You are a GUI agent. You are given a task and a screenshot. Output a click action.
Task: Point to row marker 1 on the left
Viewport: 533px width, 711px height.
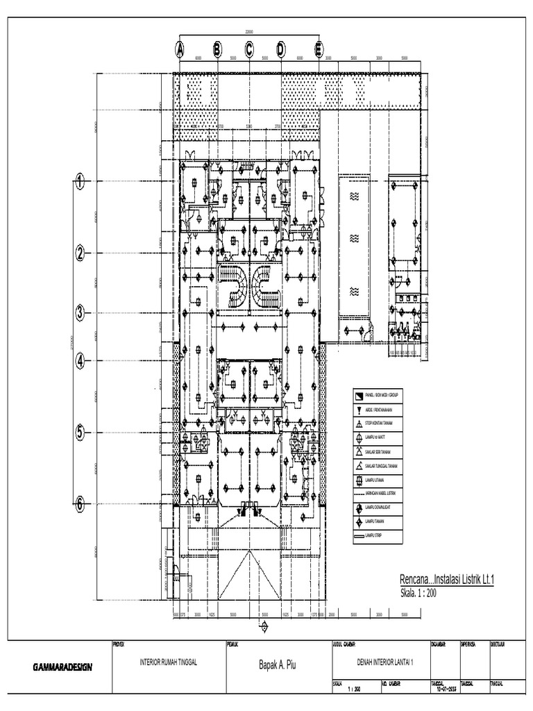tap(80, 183)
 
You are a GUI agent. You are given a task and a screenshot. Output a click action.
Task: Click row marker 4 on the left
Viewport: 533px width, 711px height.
tap(80, 361)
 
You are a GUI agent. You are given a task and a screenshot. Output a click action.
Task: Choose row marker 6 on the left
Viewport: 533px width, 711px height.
tap(80, 505)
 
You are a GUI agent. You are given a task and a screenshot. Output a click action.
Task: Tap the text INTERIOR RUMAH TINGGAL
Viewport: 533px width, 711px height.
tap(169, 662)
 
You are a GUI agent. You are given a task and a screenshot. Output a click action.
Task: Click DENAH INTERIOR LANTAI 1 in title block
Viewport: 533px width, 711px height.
tap(380, 662)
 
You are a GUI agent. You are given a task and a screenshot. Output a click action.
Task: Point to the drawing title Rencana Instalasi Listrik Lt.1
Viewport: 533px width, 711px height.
tap(446, 579)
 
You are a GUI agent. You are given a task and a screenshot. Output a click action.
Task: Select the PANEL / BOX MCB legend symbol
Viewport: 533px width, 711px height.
tap(359, 396)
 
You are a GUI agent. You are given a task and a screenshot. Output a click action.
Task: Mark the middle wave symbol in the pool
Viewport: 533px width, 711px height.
tap(353, 238)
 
